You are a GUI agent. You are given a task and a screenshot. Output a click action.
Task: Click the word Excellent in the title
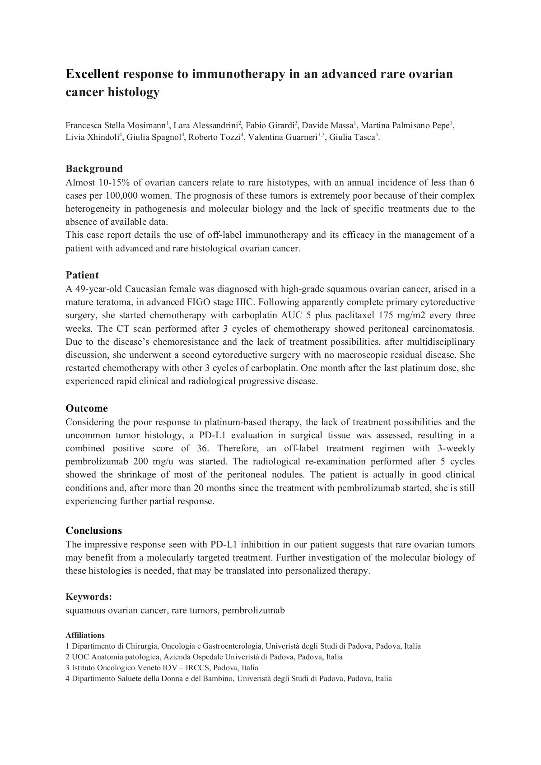[93, 74]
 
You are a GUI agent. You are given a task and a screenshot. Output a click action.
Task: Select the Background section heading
[94, 169]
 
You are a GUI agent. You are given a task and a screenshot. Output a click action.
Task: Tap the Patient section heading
[82, 275]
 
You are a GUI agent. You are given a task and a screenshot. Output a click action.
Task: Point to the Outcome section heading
[87, 408]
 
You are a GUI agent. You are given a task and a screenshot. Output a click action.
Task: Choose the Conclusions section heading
[94, 530]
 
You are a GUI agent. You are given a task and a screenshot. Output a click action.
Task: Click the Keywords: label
[89, 597]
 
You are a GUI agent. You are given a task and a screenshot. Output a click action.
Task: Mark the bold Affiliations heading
[85, 635]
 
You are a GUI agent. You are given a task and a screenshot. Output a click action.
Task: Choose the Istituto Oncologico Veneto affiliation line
[162, 668]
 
